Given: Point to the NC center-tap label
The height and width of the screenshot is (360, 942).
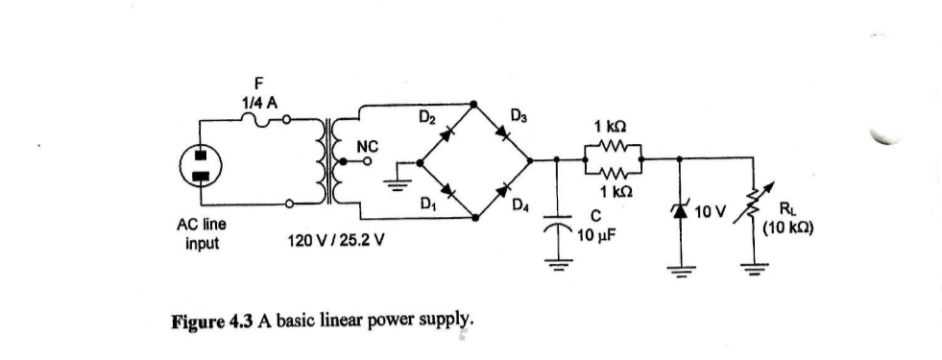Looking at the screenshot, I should pyautogui.click(x=368, y=146).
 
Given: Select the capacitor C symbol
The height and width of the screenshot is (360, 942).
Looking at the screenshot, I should pyautogui.click(x=556, y=228).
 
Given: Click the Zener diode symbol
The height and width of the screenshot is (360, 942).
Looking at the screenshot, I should pyautogui.click(x=682, y=207).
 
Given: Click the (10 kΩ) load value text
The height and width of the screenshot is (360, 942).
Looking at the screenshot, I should pyautogui.click(x=789, y=229).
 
